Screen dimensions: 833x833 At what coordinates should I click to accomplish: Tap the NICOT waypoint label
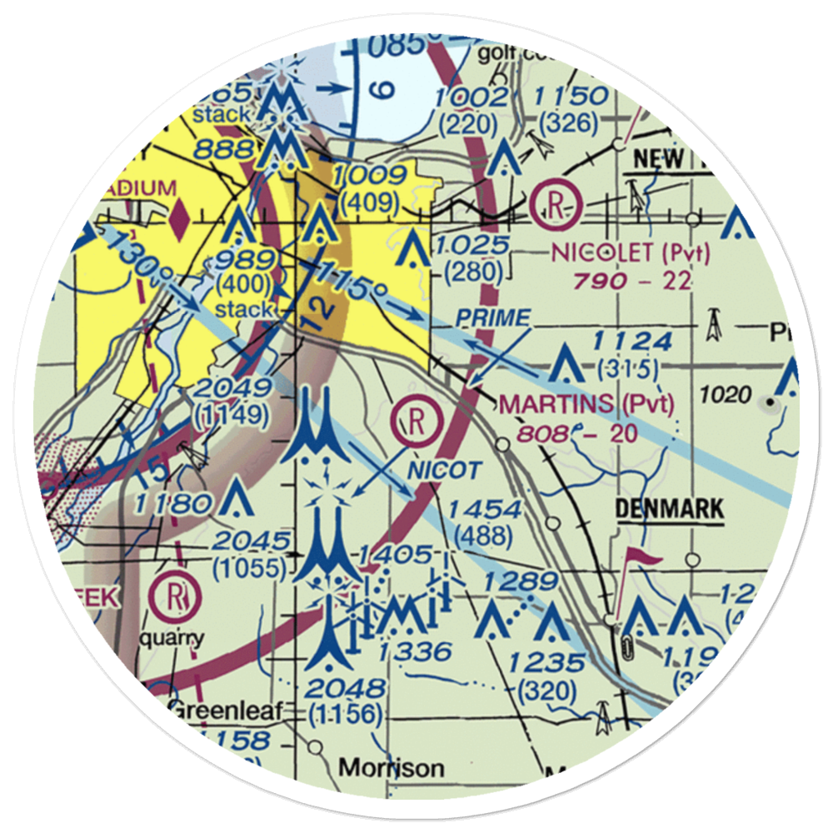(444, 471)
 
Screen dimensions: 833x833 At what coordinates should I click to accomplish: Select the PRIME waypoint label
(493, 317)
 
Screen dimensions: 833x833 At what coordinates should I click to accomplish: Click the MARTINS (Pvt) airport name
(586, 405)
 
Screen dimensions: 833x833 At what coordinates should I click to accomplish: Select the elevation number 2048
(347, 688)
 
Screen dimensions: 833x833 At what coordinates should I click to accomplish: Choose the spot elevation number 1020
(726, 394)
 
